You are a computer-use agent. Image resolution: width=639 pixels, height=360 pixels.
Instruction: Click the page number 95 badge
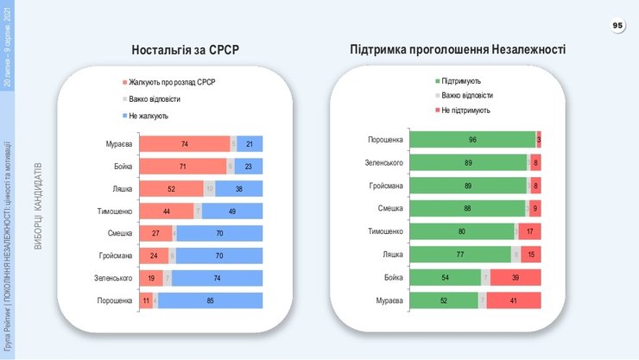(617, 27)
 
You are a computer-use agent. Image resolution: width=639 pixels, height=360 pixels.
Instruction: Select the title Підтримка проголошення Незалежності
(458, 49)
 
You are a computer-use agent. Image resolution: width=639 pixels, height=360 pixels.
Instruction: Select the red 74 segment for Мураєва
(183, 144)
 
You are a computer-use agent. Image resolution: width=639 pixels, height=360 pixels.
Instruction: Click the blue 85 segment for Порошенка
(211, 300)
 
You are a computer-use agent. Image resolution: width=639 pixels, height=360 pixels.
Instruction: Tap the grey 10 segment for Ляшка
(209, 188)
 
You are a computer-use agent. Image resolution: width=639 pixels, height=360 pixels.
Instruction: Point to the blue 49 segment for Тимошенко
(232, 211)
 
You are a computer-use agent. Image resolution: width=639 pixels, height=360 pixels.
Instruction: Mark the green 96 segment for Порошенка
(472, 140)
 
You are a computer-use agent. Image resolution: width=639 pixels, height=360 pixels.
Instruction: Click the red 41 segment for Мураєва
(515, 300)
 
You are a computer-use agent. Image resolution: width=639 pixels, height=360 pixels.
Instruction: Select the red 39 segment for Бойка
(516, 277)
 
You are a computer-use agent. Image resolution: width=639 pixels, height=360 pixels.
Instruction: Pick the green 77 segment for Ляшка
(459, 254)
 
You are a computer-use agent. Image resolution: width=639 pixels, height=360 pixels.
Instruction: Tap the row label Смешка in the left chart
(118, 233)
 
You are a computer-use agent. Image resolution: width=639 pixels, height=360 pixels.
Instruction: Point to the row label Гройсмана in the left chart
(114, 256)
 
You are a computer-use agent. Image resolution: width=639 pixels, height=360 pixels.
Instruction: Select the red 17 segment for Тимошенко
(529, 231)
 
